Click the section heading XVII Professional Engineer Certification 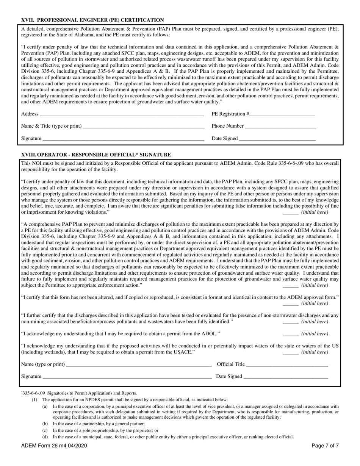pos(92,20)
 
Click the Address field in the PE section pos(121,114)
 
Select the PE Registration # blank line pos(282,114)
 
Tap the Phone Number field pos(280,126)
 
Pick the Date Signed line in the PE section pos(277,139)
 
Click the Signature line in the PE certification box pos(123,139)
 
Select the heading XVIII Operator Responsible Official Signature pos(96,155)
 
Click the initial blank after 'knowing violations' pos(290,212)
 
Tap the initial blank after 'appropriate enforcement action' pos(290,285)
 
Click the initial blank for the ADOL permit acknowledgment pos(290,334)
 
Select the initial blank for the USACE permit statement pos(290,352)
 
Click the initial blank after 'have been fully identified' pos(290,322)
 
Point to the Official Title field pos(287,364)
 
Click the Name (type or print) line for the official pos(138,364)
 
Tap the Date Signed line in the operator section pos(285,377)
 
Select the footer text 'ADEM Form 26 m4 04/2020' pos(54,446)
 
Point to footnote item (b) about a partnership pos(99,424)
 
